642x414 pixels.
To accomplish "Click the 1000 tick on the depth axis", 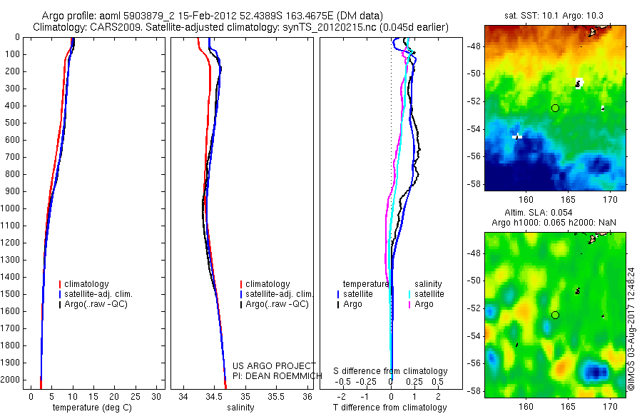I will coord(12,208).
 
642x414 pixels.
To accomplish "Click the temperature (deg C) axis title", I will coord(90,408).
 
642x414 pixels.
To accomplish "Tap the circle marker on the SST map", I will coord(555,108).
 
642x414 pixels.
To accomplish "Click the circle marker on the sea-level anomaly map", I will coord(555,315).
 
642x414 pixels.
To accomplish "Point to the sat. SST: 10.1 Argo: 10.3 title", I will coord(555,15).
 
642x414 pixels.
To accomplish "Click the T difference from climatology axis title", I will coord(389,408).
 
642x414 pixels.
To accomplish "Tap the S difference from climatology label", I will coord(391,371).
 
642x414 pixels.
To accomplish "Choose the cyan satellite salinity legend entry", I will coord(428,294).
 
